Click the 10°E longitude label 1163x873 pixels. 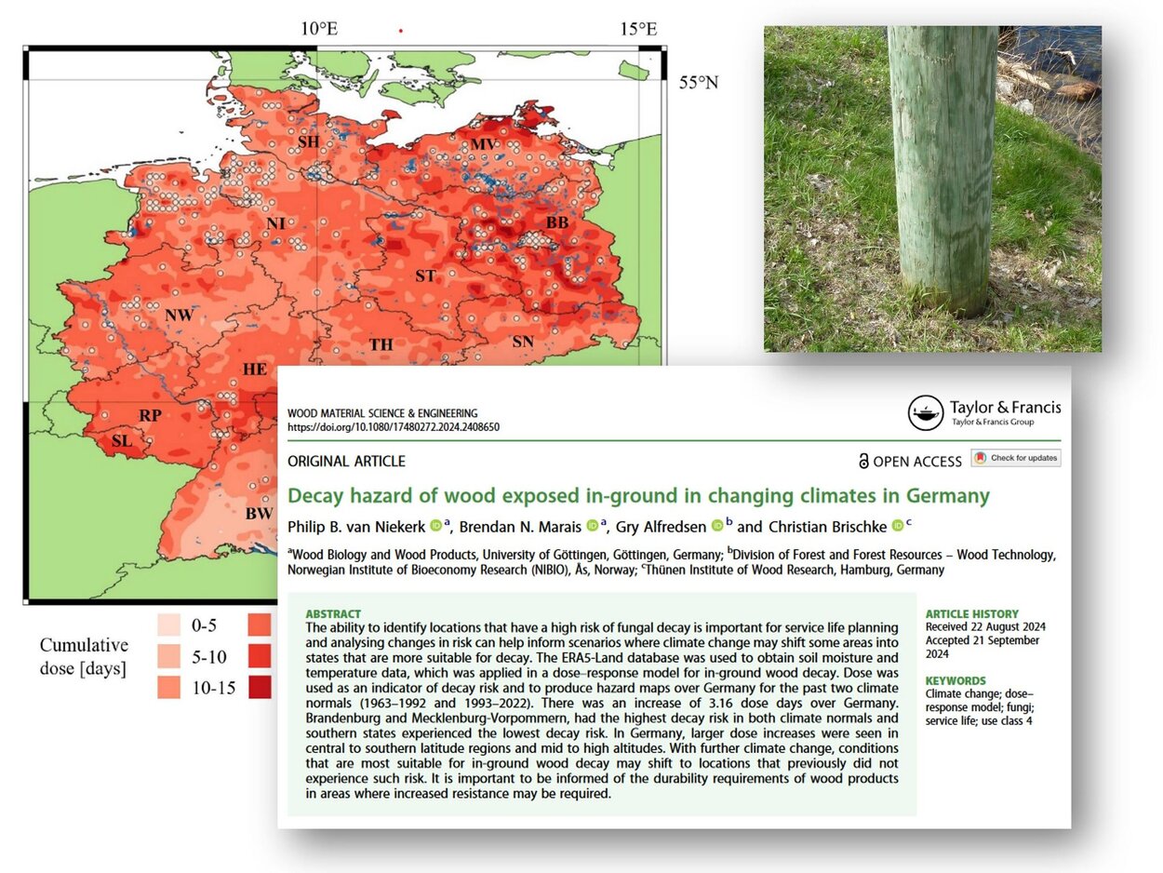click(x=318, y=29)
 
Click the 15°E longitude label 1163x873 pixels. click(x=638, y=29)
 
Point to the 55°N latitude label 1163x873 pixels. click(x=698, y=83)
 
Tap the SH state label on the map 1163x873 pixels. click(x=308, y=141)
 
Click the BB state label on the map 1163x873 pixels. click(x=556, y=223)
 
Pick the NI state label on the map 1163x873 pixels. click(x=275, y=223)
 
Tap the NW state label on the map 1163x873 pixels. click(x=179, y=315)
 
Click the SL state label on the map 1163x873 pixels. click(x=122, y=440)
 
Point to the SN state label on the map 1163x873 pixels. click(x=523, y=342)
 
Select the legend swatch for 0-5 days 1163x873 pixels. click(x=168, y=624)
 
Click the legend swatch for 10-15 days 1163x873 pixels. click(x=168, y=688)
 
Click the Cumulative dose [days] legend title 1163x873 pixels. click(x=84, y=656)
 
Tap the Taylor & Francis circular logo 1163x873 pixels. click(x=925, y=413)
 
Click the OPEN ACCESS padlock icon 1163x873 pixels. click(x=863, y=461)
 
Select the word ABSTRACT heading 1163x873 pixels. click(x=333, y=614)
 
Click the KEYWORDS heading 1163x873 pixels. click(x=956, y=680)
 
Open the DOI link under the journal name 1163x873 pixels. click(x=394, y=427)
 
